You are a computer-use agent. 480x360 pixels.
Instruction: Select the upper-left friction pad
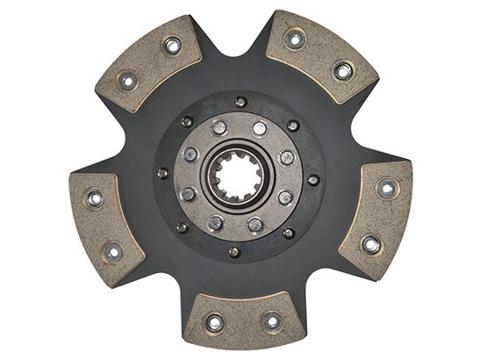(x=147, y=63)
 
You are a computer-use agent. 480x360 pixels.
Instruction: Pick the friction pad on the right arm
(x=377, y=216)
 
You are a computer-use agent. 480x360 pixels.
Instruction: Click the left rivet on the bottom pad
(x=214, y=322)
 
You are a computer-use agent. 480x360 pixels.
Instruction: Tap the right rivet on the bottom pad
(x=272, y=322)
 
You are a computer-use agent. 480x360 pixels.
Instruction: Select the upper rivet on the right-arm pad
(x=387, y=188)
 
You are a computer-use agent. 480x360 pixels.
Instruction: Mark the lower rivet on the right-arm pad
(x=371, y=244)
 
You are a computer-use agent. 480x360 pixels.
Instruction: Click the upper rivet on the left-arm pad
(x=93, y=198)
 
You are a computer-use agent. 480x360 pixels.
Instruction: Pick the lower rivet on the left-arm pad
(x=112, y=253)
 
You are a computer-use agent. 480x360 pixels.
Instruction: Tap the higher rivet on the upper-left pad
(x=172, y=45)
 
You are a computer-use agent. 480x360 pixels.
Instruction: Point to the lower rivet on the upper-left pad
(x=127, y=82)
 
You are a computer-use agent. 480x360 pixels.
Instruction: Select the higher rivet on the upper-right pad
(x=296, y=39)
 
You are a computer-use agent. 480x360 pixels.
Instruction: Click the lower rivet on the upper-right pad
(x=343, y=70)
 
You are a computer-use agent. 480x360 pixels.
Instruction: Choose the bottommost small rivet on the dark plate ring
(x=234, y=252)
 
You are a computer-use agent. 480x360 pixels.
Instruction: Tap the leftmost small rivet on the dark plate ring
(x=162, y=173)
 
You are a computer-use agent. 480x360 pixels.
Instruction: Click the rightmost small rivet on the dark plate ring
(x=313, y=180)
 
